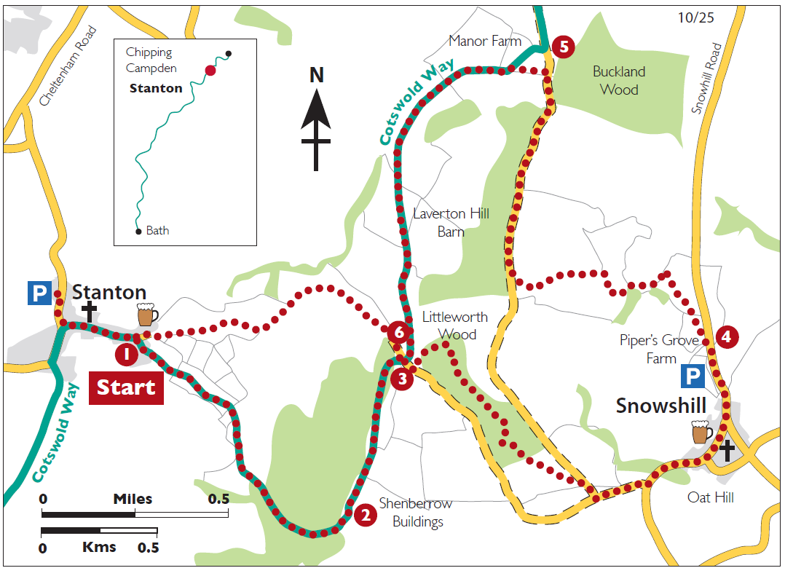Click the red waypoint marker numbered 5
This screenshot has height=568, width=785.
tap(563, 47)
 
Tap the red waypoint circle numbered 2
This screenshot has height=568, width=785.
tap(366, 515)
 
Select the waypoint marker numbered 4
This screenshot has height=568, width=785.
tap(726, 336)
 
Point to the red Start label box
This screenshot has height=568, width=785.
tap(126, 387)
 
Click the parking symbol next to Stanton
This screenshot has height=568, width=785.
tap(39, 293)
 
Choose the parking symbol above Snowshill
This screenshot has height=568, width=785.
tap(693, 376)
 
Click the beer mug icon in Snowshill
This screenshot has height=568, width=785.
tap(702, 432)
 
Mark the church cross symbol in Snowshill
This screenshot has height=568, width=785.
tap(727, 450)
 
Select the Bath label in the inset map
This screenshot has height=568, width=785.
tap(157, 230)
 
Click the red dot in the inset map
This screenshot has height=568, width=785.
tap(210, 70)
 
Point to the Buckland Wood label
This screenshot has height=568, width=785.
tap(619, 81)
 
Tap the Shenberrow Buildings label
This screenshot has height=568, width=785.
tap(416, 513)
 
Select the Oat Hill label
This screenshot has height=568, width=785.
tap(710, 497)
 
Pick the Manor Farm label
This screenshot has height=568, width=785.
tap(485, 41)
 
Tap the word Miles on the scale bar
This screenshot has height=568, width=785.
tap(133, 499)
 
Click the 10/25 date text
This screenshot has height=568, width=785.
tap(695, 17)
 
